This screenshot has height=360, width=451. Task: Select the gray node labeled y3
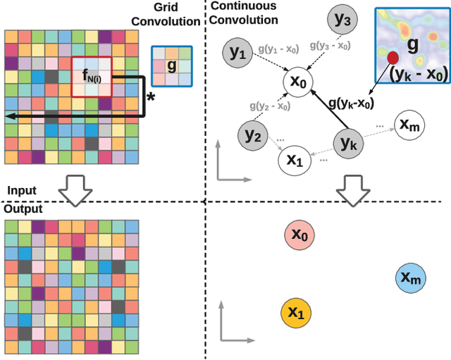tap(342, 21)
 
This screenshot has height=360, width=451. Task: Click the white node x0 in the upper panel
tap(299, 82)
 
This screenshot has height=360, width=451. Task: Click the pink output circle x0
tap(300, 235)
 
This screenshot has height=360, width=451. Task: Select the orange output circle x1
tap(297, 311)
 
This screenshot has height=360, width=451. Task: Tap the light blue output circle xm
tap(410, 279)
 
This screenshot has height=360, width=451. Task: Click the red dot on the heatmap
tap(392, 58)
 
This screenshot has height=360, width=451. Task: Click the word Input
tap(21, 191)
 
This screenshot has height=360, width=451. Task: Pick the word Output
tap(23, 210)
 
